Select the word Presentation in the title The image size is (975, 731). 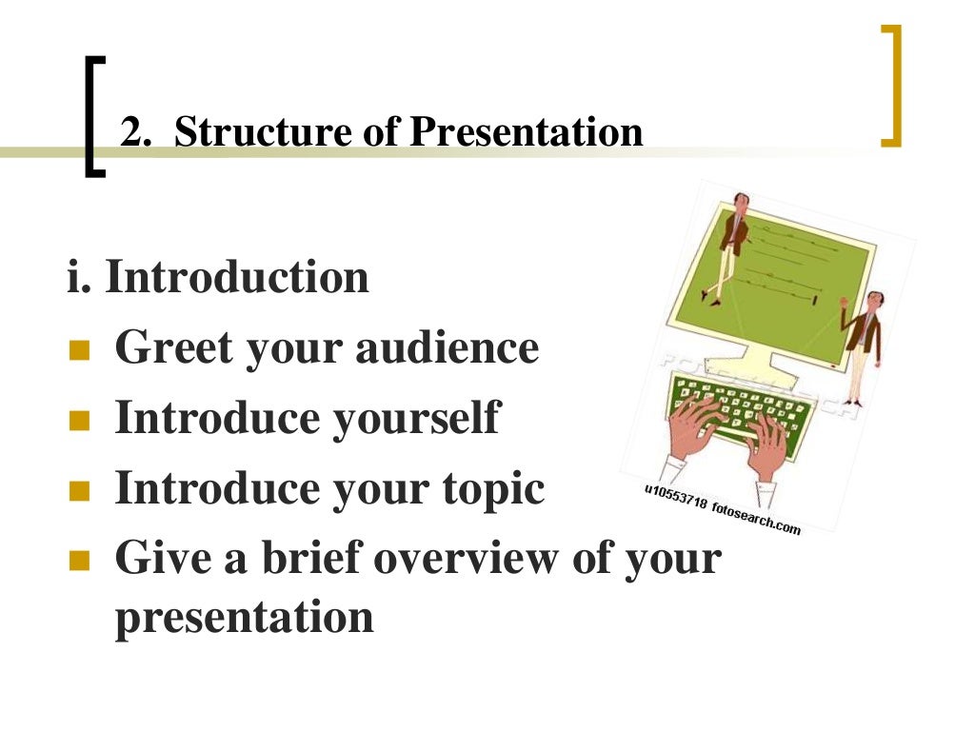tap(526, 131)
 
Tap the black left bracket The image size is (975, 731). tap(93, 116)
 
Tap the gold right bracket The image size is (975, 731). tap(891, 86)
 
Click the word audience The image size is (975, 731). tap(447, 347)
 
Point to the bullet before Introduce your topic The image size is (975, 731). tap(79, 492)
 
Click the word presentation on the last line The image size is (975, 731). tap(244, 617)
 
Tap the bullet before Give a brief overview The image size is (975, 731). tap(79, 562)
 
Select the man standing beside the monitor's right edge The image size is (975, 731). tap(861, 347)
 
